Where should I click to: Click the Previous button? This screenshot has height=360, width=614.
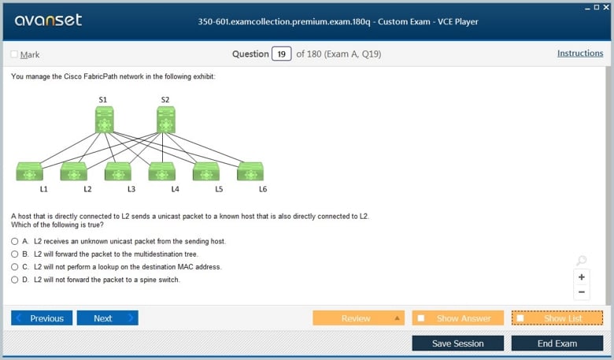tap(42, 318)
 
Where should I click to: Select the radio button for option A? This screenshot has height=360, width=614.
tap(14, 241)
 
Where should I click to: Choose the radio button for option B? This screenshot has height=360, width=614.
tap(14, 254)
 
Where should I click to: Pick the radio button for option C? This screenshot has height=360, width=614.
tap(14, 267)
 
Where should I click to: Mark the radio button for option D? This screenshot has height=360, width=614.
tap(14, 280)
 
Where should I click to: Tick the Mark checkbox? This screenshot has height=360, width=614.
tap(14, 54)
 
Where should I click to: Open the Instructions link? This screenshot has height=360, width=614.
tap(580, 54)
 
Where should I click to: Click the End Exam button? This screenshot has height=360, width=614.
tap(557, 343)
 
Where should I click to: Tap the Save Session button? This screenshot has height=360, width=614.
tap(458, 343)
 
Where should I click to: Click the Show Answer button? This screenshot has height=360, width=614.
tap(458, 318)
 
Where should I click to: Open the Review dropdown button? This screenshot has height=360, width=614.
tap(358, 318)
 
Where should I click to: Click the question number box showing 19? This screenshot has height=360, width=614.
tap(282, 54)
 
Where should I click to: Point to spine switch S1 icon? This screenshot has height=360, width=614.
tap(105, 120)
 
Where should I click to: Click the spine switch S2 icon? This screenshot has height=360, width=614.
tap(166, 120)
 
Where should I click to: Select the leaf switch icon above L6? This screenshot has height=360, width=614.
tap(250, 172)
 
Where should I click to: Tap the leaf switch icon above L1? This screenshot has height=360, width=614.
tap(29, 172)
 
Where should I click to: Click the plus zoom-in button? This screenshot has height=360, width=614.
tap(582, 277)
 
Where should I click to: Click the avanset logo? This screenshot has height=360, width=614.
tap(48, 20)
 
